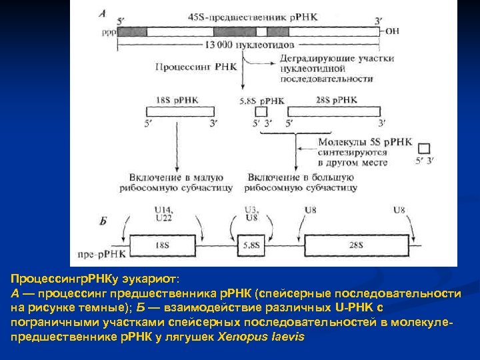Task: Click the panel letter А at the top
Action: coord(102,13)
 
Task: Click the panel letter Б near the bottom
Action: coord(103,220)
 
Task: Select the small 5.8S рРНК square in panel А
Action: coord(261,112)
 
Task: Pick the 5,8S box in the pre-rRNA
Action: coord(252,245)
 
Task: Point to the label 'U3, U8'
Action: coord(251,213)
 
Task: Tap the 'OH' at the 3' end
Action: coord(393,31)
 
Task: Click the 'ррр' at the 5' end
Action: coord(108,31)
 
